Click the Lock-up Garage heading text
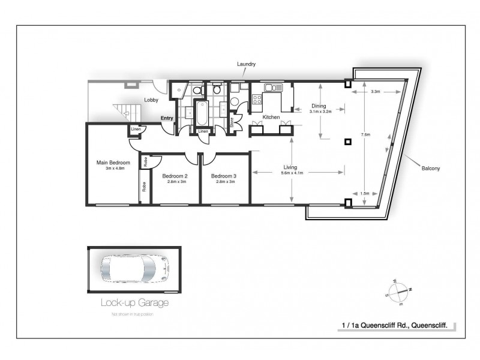[134, 303]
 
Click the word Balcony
[430, 169]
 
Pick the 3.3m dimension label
[376, 92]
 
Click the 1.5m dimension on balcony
[365, 194]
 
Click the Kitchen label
[271, 117]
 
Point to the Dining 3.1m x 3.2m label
[318, 109]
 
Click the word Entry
[167, 118]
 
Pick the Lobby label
[151, 100]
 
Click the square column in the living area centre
[347, 142]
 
